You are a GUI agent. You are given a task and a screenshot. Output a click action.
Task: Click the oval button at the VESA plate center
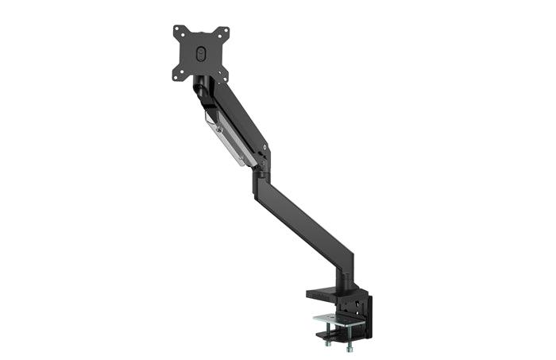click(200, 52)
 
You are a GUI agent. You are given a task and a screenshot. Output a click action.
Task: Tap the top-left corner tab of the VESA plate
click(178, 32)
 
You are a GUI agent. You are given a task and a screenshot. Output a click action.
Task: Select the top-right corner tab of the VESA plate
click(224, 33)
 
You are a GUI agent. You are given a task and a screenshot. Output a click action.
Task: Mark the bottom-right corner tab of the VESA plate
click(223, 75)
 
